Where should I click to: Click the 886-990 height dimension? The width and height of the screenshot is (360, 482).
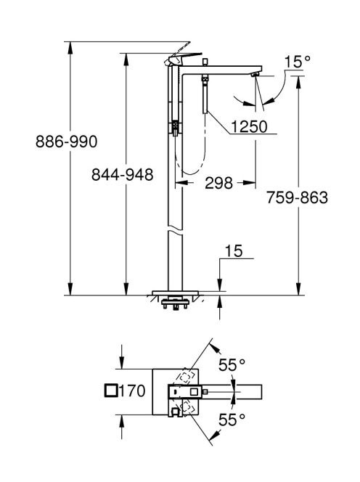point(66,142)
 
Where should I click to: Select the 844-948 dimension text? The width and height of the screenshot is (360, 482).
point(123,175)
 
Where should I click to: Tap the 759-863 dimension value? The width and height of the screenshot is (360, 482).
point(297,197)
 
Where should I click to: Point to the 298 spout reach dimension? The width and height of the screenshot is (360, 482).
point(219,183)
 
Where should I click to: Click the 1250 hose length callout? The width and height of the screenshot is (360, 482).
point(250,126)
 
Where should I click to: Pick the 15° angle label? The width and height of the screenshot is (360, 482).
point(297,62)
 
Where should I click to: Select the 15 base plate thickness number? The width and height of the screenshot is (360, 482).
point(234,251)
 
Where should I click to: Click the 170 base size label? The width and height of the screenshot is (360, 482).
point(132,391)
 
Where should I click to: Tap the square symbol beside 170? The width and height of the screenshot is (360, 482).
point(110,391)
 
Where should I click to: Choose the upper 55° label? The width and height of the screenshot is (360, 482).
point(232,365)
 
